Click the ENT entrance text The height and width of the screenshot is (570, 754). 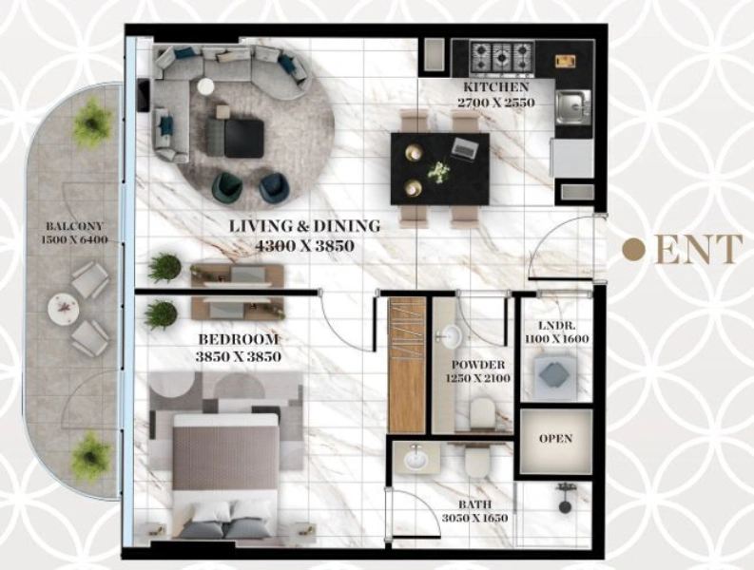coord(699,250)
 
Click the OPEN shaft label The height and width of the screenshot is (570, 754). coord(555,440)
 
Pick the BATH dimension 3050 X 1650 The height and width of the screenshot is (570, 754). coord(480,518)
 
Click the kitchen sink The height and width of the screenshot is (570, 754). coord(572,105)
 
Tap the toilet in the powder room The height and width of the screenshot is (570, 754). coord(482,411)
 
